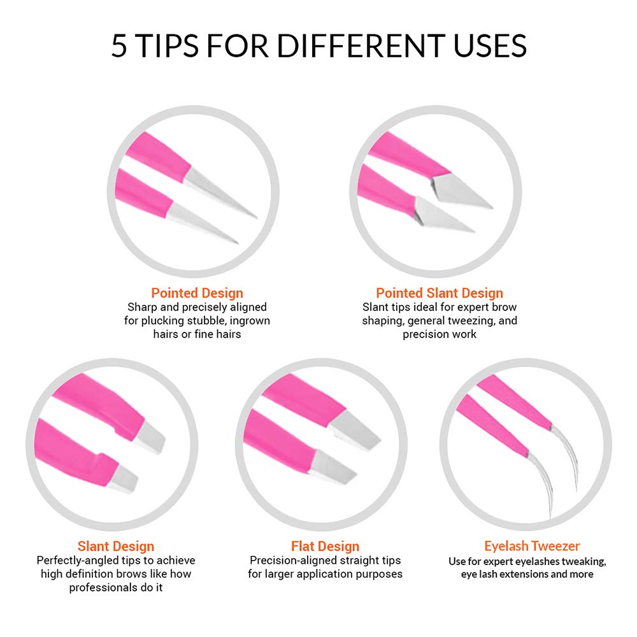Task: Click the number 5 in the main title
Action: [119, 45]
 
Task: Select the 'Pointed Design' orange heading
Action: [197, 293]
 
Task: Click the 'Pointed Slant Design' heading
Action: [440, 293]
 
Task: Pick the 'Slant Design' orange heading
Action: [116, 546]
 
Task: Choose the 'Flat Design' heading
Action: [325, 546]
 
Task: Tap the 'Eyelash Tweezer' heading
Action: [532, 546]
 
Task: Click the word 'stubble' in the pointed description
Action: [206, 320]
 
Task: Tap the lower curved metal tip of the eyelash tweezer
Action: [542, 483]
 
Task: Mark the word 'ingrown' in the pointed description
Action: [250, 320]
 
